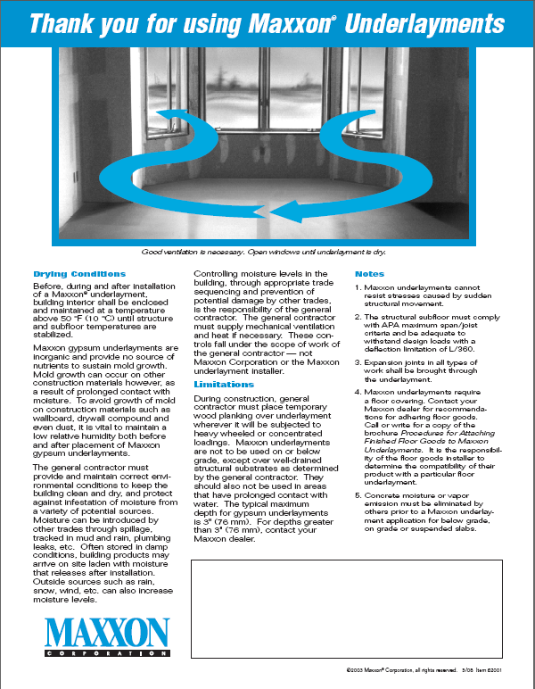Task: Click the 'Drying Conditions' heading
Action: point(79,273)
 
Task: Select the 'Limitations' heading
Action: point(224,385)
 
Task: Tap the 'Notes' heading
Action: point(370,273)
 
